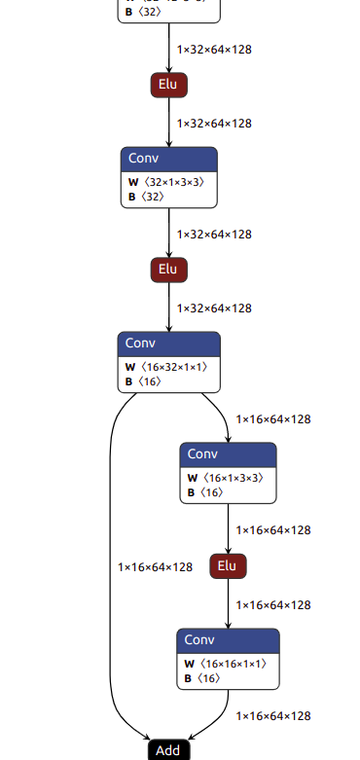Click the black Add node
click(167, 750)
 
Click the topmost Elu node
click(168, 85)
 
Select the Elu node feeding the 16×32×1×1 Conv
click(168, 270)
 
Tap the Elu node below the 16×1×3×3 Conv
click(228, 565)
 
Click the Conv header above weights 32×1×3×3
click(168, 158)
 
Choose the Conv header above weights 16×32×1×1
click(168, 343)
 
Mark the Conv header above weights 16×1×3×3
click(228, 453)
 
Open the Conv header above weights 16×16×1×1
click(228, 639)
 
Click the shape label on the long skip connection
click(155, 567)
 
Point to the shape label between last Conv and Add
click(273, 716)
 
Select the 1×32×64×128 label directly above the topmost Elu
click(214, 49)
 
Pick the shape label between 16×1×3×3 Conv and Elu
click(273, 530)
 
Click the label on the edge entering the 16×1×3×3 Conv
click(273, 419)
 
